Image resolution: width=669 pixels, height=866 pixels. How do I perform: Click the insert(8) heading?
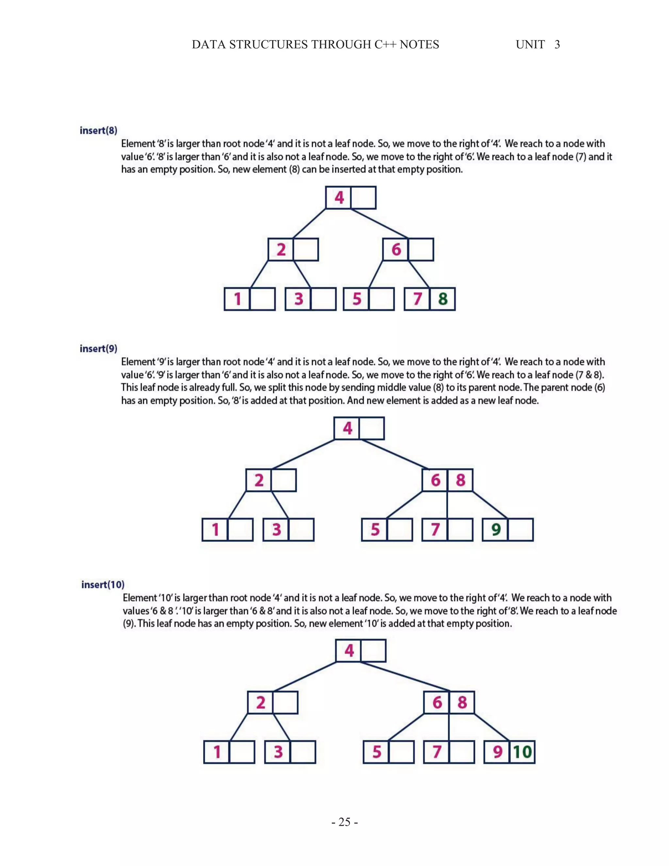pos(98,130)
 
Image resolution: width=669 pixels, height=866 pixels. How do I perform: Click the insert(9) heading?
pos(98,349)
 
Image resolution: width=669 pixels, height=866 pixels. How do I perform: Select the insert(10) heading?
pos(103,585)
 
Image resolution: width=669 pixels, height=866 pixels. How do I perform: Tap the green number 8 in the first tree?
pos(443,299)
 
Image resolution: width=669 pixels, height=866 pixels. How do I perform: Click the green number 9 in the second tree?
pos(496,529)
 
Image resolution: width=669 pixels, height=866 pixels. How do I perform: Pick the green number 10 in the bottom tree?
pos(522,752)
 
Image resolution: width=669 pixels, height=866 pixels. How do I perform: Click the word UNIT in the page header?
pos(530,44)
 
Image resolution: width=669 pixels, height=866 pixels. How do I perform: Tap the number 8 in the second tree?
pos(460,480)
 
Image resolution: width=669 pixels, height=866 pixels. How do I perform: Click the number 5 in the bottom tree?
pos(377,752)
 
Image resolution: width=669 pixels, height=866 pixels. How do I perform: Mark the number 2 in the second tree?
pos(259,480)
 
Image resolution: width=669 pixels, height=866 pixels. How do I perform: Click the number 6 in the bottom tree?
pos(437,703)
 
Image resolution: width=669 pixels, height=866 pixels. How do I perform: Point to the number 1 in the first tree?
pos(237,299)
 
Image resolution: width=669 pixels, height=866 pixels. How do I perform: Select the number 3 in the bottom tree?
pos(278,752)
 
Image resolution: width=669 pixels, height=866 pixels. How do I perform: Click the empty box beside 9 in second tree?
pos(520,530)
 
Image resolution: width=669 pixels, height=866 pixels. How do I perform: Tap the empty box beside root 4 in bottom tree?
pos(373,651)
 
